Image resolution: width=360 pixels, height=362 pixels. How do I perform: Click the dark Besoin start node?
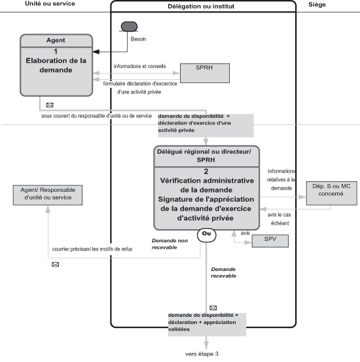tap(129, 26)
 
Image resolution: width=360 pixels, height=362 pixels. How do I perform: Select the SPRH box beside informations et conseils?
tap(205, 73)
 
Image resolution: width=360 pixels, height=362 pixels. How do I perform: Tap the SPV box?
tap(270, 241)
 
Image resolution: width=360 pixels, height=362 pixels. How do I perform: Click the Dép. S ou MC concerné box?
tap(331, 193)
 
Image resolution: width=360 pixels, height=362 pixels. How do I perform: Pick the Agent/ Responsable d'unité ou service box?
tap(48, 195)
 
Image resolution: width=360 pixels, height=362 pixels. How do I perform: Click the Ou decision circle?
tap(206, 235)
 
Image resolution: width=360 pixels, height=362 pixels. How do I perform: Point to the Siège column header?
tap(317, 5)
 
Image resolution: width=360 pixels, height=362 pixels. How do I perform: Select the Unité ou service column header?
tap(50, 4)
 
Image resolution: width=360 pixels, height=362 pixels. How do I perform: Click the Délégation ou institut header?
tap(201, 7)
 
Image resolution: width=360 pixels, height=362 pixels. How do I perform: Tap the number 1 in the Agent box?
tap(56, 51)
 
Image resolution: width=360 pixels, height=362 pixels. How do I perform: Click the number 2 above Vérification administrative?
tap(206, 172)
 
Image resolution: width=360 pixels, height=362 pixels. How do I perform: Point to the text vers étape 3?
tap(202, 353)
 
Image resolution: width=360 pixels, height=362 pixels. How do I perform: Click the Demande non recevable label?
tap(170, 244)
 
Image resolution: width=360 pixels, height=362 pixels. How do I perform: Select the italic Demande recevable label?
tap(223, 272)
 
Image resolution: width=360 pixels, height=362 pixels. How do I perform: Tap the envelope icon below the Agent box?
tap(50, 105)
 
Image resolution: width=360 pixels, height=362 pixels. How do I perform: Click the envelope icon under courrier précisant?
tap(55, 264)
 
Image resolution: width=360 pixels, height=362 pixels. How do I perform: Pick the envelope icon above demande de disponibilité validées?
tap(213, 308)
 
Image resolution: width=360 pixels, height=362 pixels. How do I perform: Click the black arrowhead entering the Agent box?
tap(96, 52)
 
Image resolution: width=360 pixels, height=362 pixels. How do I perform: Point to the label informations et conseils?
tap(139, 66)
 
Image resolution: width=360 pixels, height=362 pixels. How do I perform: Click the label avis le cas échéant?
tap(279, 219)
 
